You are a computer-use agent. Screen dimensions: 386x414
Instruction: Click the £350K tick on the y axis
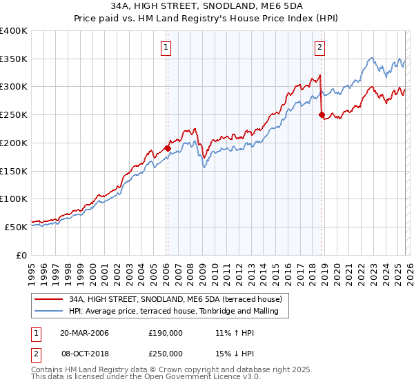14,59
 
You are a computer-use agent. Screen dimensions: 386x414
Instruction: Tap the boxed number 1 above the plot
167,48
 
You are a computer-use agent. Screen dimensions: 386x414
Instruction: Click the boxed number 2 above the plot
320,48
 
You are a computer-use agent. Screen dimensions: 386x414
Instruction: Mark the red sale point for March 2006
168,148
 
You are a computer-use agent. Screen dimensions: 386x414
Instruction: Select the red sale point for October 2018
322,115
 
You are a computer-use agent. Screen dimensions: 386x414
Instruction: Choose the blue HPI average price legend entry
173,312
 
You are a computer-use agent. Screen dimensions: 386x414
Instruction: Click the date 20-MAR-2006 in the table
85,332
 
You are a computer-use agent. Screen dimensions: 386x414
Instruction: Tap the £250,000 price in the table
166,353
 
